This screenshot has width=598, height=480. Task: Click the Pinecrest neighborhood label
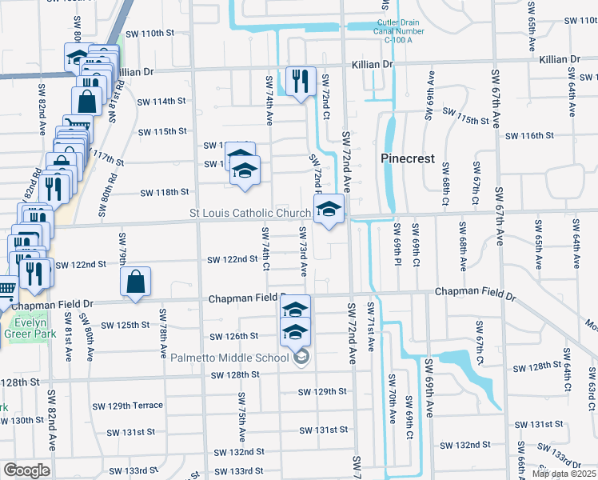click(407, 158)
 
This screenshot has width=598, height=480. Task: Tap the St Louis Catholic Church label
click(249, 214)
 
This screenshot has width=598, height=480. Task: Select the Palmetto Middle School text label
click(230, 357)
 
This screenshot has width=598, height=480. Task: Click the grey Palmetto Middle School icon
click(301, 357)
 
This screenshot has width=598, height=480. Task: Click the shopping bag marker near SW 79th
click(135, 282)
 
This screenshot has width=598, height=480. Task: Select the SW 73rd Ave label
click(303, 250)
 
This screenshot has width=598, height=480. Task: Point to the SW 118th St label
click(165, 193)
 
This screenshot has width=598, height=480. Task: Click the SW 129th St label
click(322, 392)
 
